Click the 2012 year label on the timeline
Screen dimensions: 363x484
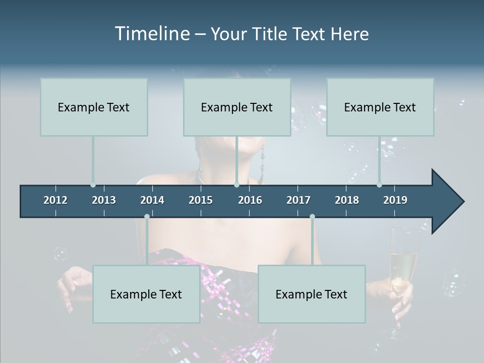click(55, 200)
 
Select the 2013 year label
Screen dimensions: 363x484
click(104, 200)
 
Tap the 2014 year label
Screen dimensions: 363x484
click(152, 200)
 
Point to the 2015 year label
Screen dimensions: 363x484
click(201, 200)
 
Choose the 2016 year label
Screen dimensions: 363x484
click(250, 200)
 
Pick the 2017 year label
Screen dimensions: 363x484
click(298, 200)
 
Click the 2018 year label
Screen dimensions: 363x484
click(347, 200)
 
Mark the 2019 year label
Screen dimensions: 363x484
click(395, 200)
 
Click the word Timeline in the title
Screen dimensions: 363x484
click(152, 34)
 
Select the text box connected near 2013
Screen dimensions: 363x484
click(94, 107)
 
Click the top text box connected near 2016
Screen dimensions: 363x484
click(237, 107)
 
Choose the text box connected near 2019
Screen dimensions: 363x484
click(380, 107)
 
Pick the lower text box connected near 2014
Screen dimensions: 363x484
click(146, 294)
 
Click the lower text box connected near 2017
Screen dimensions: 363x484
click(312, 294)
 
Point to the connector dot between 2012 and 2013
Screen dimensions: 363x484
click(93, 185)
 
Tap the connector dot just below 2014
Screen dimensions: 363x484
click(147, 217)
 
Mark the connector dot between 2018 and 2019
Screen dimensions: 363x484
click(380, 185)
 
